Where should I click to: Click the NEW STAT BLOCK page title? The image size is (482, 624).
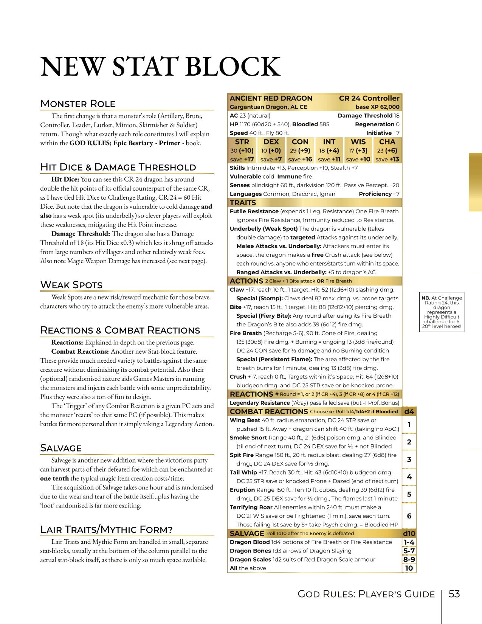click(160, 67)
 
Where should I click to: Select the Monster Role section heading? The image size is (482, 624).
click(78, 104)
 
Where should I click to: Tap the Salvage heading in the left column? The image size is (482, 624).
click(61, 448)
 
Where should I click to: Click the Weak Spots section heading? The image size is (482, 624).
click(71, 285)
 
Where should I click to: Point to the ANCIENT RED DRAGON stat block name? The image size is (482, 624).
click(271, 98)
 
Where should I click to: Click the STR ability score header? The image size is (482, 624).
click(242, 142)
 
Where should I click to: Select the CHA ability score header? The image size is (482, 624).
click(387, 142)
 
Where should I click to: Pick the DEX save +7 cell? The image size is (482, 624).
click(271, 159)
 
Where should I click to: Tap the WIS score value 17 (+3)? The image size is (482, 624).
click(358, 151)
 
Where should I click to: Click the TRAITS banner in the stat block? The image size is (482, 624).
click(243, 203)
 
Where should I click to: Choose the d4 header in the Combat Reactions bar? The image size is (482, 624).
click(409, 411)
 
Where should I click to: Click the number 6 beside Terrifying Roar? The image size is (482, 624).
click(409, 516)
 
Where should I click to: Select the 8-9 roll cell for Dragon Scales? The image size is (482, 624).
click(409, 559)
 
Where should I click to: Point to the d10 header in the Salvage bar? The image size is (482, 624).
click(409, 534)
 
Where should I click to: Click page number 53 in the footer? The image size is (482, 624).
click(454, 594)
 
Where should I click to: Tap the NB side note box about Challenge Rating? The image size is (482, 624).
click(442, 312)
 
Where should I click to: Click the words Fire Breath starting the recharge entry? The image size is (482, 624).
click(246, 333)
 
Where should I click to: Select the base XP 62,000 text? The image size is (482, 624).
click(377, 107)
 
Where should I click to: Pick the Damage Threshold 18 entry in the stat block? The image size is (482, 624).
click(368, 116)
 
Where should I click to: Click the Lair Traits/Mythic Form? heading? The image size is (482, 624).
click(106, 529)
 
